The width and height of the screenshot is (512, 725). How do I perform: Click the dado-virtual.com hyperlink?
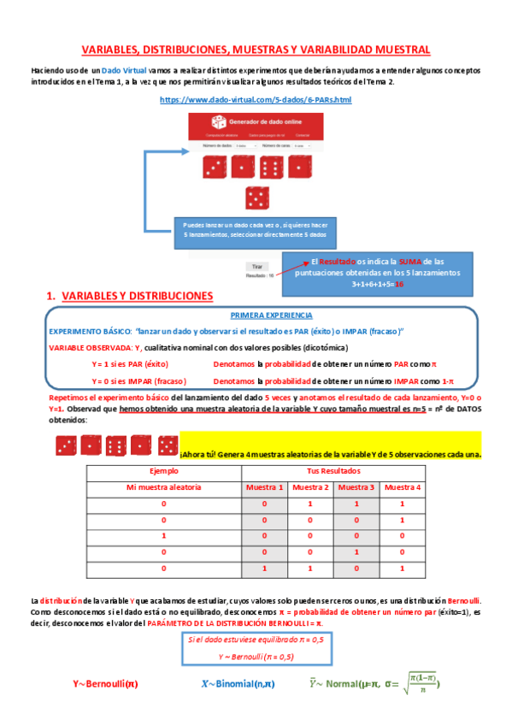256,100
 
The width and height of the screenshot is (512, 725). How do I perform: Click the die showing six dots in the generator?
272,168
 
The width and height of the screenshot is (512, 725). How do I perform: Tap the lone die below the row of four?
256,198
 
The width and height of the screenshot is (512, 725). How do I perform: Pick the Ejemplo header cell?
162,471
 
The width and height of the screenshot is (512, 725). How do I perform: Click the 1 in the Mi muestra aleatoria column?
162,535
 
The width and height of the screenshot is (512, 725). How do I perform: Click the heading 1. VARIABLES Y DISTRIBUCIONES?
129,296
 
